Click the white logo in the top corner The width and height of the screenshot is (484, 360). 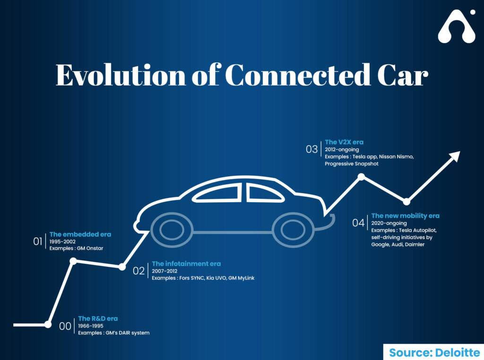click(457, 26)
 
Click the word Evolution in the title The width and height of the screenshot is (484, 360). click(121, 75)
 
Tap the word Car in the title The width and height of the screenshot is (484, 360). click(403, 75)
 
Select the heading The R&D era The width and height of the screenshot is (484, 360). click(98, 319)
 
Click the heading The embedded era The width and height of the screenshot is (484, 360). click(80, 234)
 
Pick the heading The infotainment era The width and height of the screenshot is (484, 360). click(186, 264)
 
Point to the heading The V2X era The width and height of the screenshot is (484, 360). click(344, 142)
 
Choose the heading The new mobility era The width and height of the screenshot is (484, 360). click(405, 216)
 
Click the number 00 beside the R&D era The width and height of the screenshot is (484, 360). click(65, 326)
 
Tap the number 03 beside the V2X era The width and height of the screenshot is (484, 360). click(312, 149)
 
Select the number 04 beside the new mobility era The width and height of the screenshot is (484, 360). click(358, 223)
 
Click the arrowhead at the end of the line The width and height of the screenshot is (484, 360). click(454, 156)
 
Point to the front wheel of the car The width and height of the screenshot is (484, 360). click(172, 230)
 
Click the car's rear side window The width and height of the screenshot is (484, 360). click(264, 193)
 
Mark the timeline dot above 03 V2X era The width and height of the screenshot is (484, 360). click(361, 177)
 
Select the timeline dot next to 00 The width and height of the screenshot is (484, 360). click(48, 325)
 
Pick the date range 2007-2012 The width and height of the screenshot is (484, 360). click(164, 271)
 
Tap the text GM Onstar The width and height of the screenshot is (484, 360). click(90, 249)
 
